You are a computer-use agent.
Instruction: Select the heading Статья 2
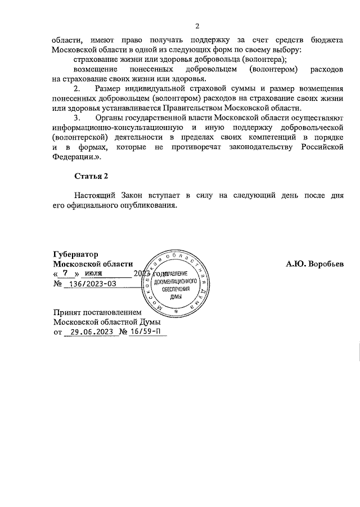click(x=91, y=176)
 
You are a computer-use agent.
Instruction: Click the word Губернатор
click(x=75, y=254)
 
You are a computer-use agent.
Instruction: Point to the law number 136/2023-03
click(x=91, y=284)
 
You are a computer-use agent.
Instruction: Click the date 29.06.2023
click(x=89, y=332)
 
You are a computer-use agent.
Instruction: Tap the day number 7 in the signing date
click(x=65, y=273)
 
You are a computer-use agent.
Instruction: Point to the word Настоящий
click(x=95, y=195)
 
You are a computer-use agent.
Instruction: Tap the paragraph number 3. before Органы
click(x=78, y=118)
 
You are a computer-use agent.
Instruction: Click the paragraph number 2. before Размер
click(x=78, y=88)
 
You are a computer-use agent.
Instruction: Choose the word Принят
click(x=66, y=312)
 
